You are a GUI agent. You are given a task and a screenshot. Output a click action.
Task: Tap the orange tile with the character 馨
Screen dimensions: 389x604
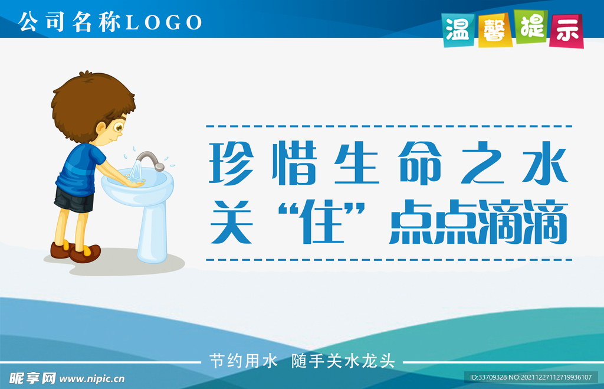coord(495,29)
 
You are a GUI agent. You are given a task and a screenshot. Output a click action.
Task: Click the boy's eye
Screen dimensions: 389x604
coord(120,126)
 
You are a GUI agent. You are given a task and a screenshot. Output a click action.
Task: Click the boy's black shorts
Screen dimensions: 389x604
coord(74,200)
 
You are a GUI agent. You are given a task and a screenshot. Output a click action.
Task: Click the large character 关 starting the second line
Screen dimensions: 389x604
coord(232,222)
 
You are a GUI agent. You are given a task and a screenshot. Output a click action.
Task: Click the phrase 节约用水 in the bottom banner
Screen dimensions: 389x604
coord(243,361)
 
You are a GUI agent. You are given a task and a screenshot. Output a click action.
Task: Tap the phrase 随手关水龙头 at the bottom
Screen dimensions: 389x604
coord(343,361)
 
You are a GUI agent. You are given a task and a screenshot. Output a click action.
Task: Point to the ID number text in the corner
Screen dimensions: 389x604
coord(530,377)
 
